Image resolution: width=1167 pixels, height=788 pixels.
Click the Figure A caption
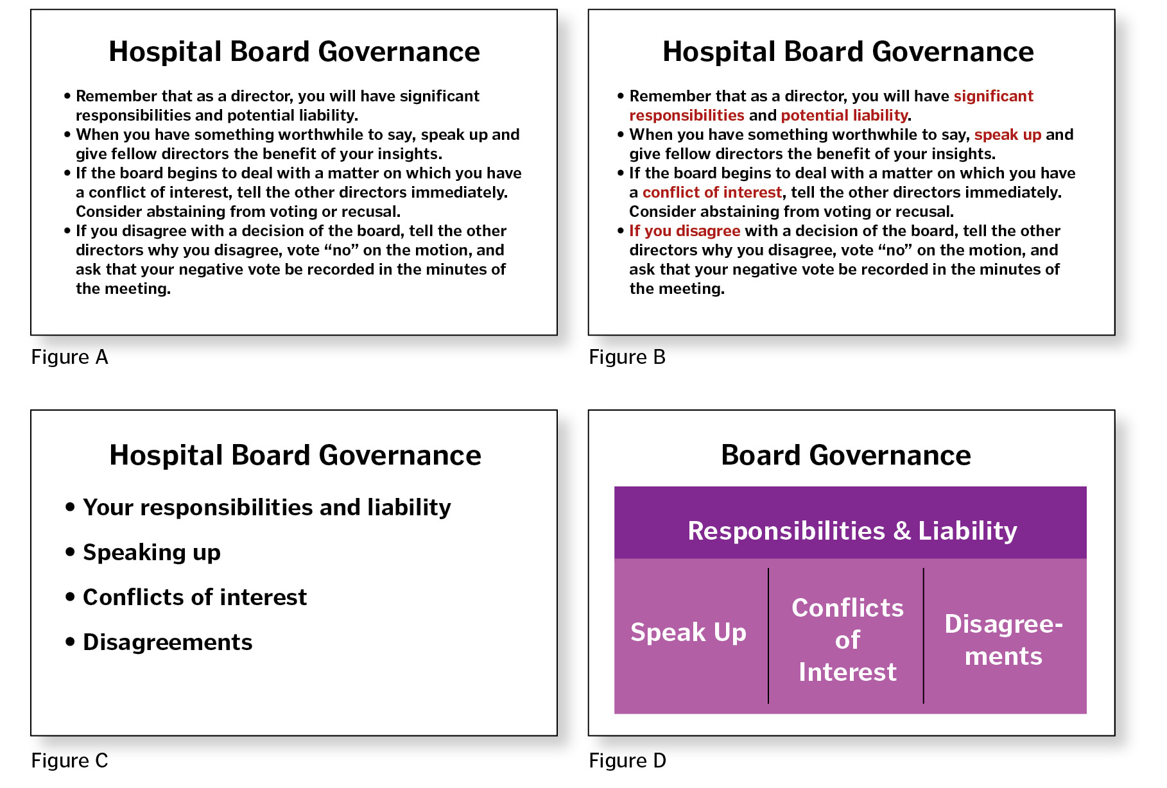click(69, 357)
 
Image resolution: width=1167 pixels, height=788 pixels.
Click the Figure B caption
click(627, 357)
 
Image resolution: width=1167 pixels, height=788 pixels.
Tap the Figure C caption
click(69, 760)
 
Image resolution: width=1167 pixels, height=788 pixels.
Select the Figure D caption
click(627, 760)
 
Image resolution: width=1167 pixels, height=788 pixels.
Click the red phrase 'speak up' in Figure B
click(1008, 135)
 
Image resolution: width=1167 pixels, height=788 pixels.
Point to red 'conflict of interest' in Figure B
click(712, 193)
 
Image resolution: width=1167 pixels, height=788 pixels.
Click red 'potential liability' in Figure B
click(844, 116)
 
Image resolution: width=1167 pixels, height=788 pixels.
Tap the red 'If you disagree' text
click(684, 231)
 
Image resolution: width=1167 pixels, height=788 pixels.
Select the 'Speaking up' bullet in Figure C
click(151, 552)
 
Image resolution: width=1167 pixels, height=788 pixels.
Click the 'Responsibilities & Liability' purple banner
click(851, 523)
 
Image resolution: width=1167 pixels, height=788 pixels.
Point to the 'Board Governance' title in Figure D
click(846, 455)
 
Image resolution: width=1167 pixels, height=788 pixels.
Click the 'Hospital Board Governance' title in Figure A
click(294, 51)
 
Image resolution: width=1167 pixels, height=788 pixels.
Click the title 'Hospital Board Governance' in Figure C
click(295, 455)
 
